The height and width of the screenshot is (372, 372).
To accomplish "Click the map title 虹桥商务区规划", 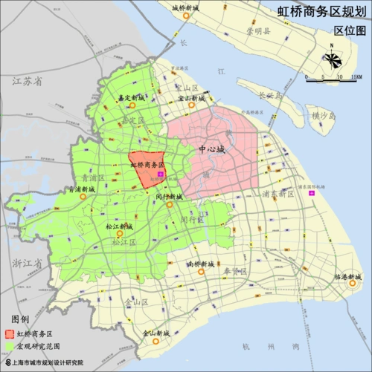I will tap(323, 12).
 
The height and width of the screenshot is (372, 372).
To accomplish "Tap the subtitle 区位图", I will tap(349, 30).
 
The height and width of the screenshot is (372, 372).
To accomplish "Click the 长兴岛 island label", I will tap(270, 95).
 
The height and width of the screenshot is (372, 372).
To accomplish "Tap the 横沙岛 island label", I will tap(324, 116).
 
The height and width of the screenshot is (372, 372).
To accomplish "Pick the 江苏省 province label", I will tap(28, 82).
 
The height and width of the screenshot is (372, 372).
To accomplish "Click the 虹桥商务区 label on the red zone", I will tap(147, 165).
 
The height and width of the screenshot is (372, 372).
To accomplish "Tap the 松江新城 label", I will tap(119, 226).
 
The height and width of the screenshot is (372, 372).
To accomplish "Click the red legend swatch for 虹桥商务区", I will tap(10, 333).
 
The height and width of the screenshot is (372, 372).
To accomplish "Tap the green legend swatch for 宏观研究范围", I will tap(10, 346).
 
